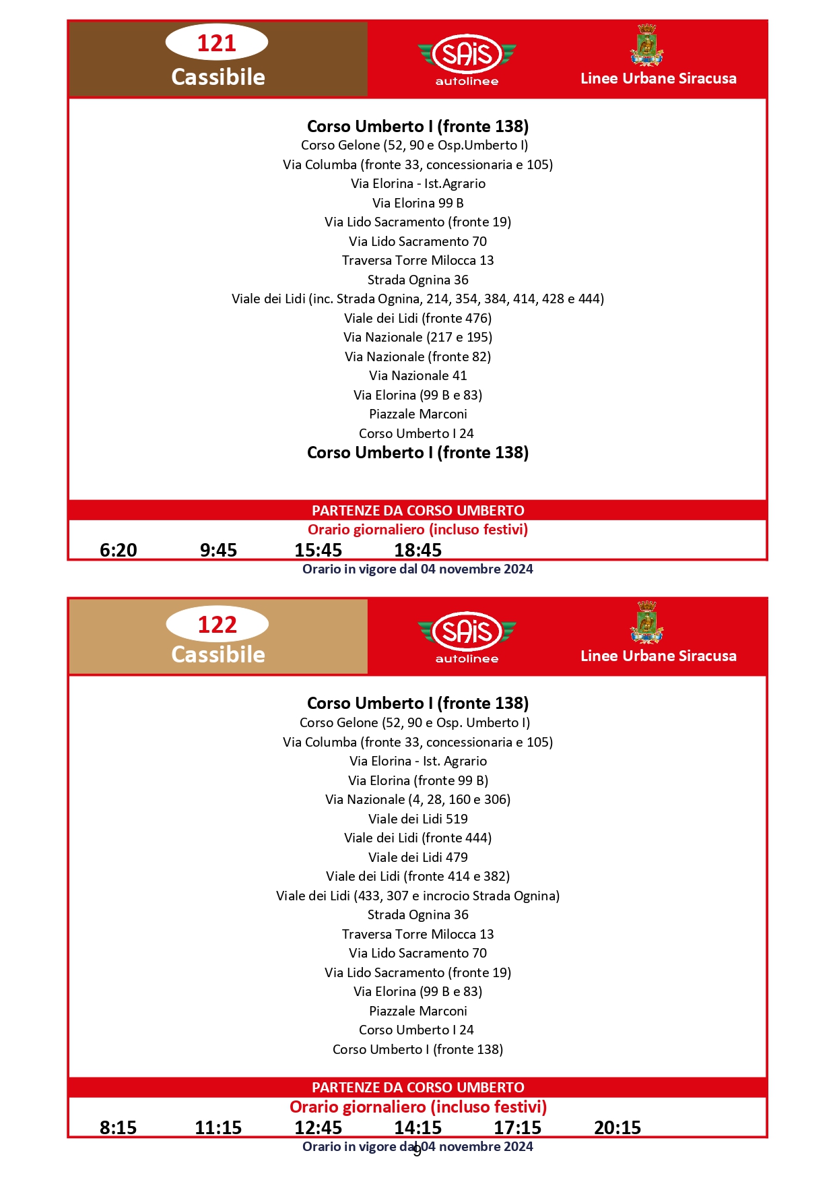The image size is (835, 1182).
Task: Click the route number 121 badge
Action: coord(217,43)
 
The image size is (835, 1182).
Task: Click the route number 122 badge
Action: coord(217,625)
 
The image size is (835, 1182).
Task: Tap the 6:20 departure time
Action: coord(119,551)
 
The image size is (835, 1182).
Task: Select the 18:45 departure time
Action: coord(417,551)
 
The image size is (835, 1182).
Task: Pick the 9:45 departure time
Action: coord(218,551)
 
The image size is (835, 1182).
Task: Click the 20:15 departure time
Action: coord(617,1127)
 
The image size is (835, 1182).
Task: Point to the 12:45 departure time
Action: coord(318,1127)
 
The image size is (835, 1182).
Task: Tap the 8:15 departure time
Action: coord(119,1127)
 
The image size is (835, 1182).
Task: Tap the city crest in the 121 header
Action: coord(646,46)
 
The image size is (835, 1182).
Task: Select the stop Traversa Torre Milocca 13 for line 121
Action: coord(417,261)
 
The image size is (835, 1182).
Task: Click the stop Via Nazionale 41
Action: coord(417,376)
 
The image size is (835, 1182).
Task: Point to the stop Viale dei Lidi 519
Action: coord(417,819)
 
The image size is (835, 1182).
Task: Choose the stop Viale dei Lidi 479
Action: coord(417,857)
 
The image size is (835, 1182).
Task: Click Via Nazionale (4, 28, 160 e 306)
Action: coord(417,800)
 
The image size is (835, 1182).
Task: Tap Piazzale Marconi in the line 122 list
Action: coord(417,1011)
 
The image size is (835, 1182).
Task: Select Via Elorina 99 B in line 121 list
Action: coord(417,203)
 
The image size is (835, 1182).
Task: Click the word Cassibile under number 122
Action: coord(218,655)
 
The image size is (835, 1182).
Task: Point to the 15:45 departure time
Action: coord(318,551)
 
